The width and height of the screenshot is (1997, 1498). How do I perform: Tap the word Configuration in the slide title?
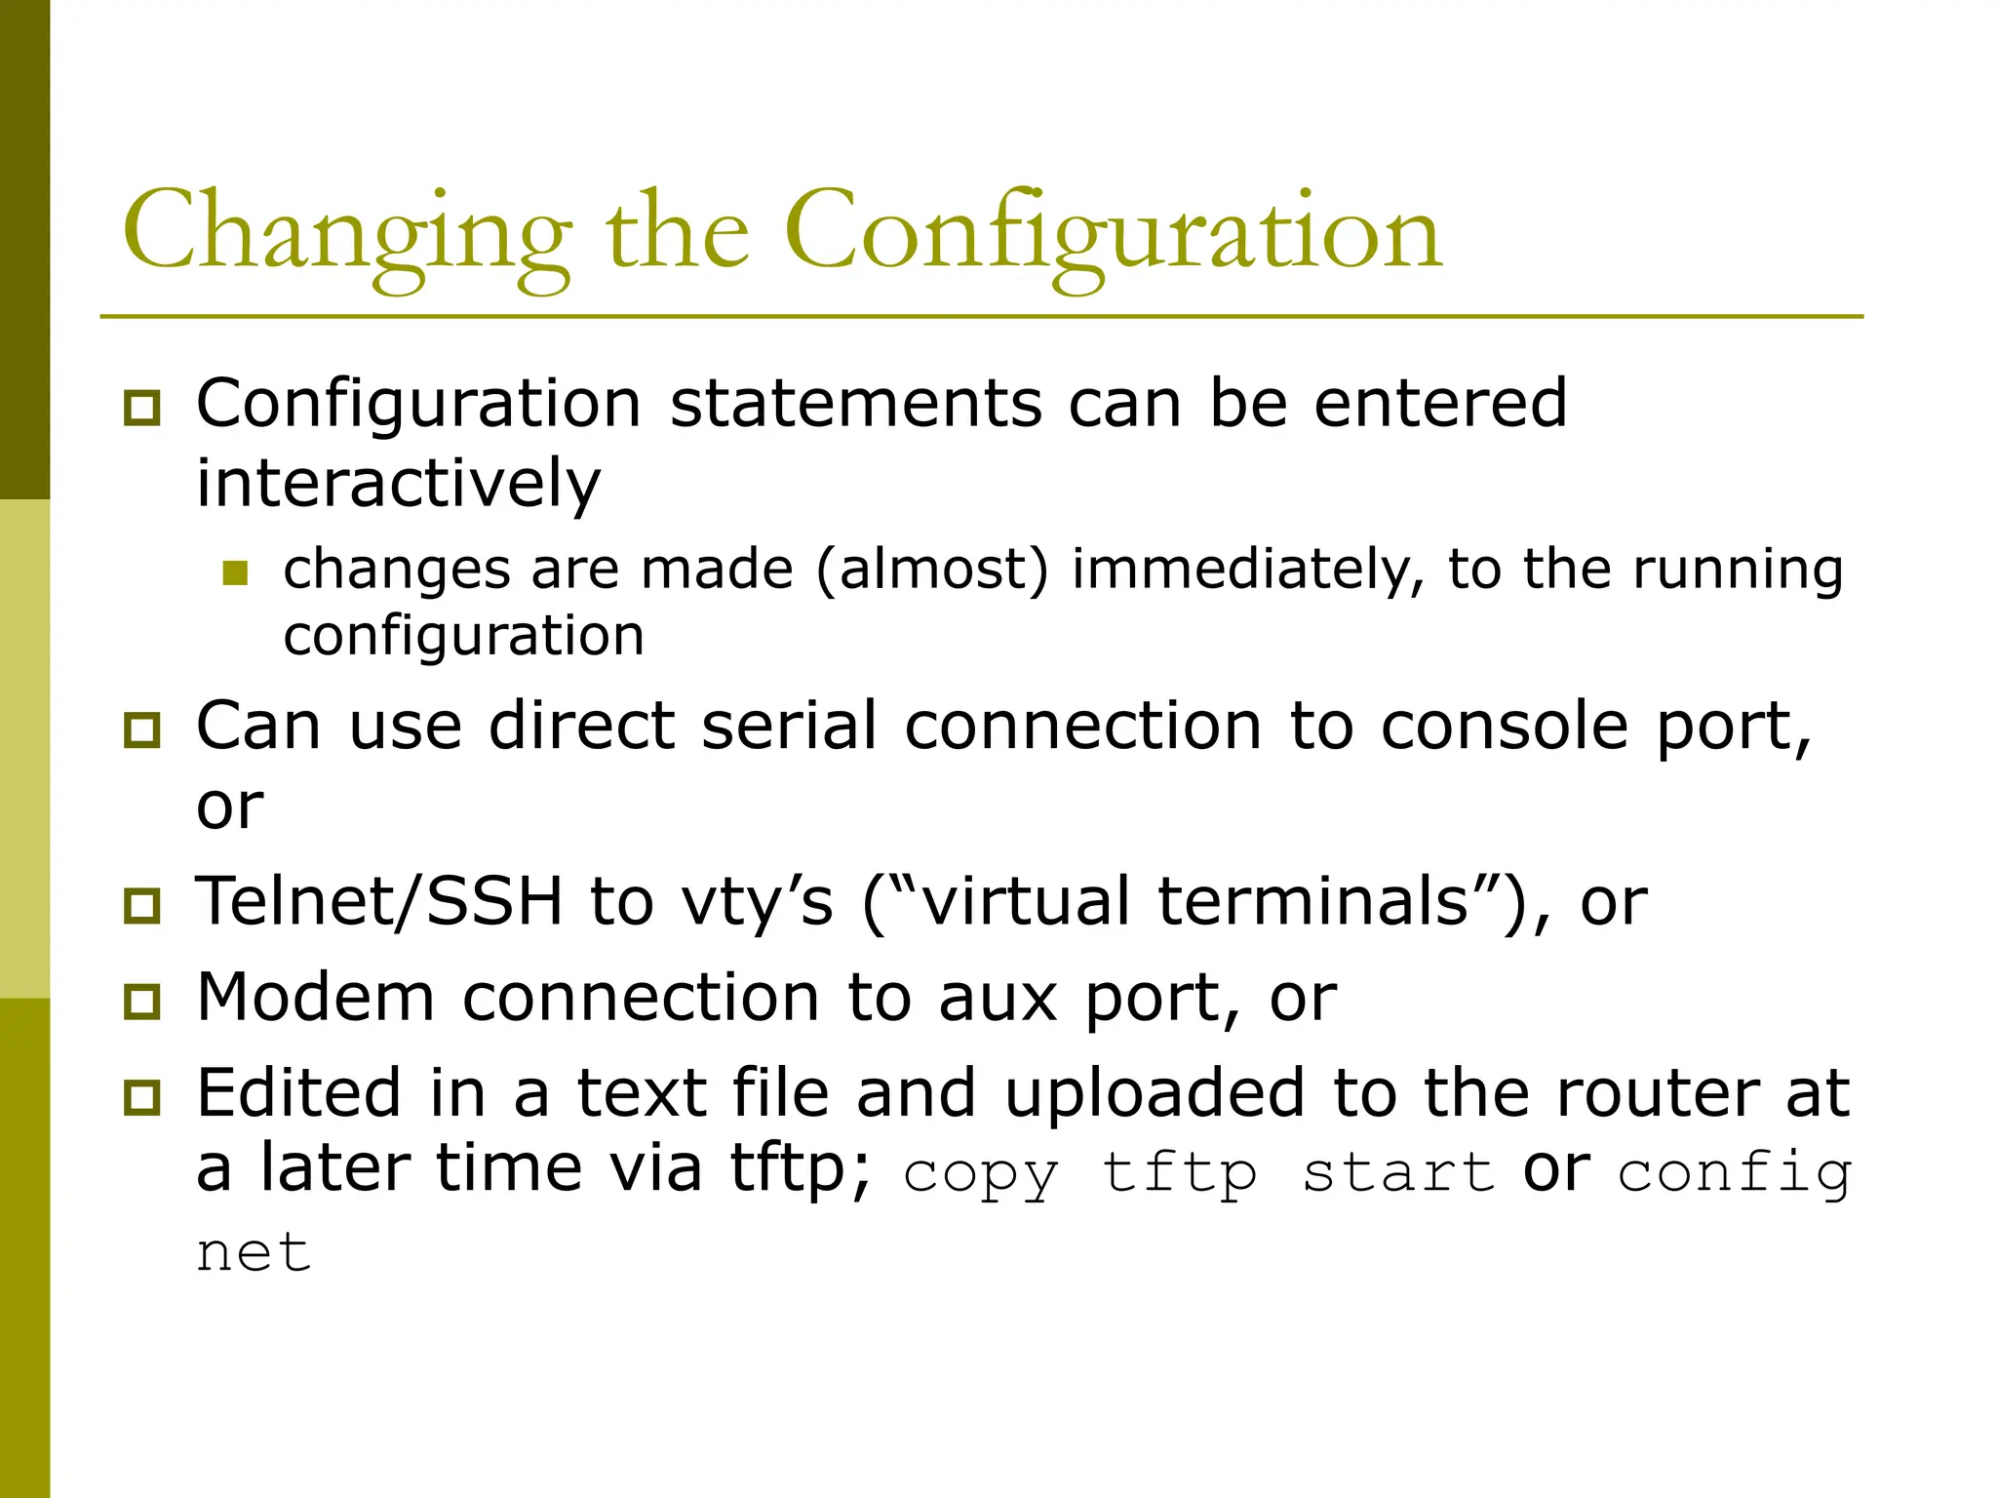click(1112, 234)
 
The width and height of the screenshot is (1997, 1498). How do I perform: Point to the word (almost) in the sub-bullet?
click(932, 570)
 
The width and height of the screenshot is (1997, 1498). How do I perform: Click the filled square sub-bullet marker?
click(235, 572)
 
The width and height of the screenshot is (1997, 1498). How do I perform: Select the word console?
click(1505, 727)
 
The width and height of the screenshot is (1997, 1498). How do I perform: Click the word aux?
click(998, 998)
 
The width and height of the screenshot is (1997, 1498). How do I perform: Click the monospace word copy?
click(980, 1173)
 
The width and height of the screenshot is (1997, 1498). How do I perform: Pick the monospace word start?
click(1398, 1173)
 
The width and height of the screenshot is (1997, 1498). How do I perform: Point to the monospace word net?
click(254, 1252)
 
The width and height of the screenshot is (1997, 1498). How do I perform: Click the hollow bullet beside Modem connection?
click(142, 1002)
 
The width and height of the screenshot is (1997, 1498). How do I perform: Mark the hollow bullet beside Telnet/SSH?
click(142, 905)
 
